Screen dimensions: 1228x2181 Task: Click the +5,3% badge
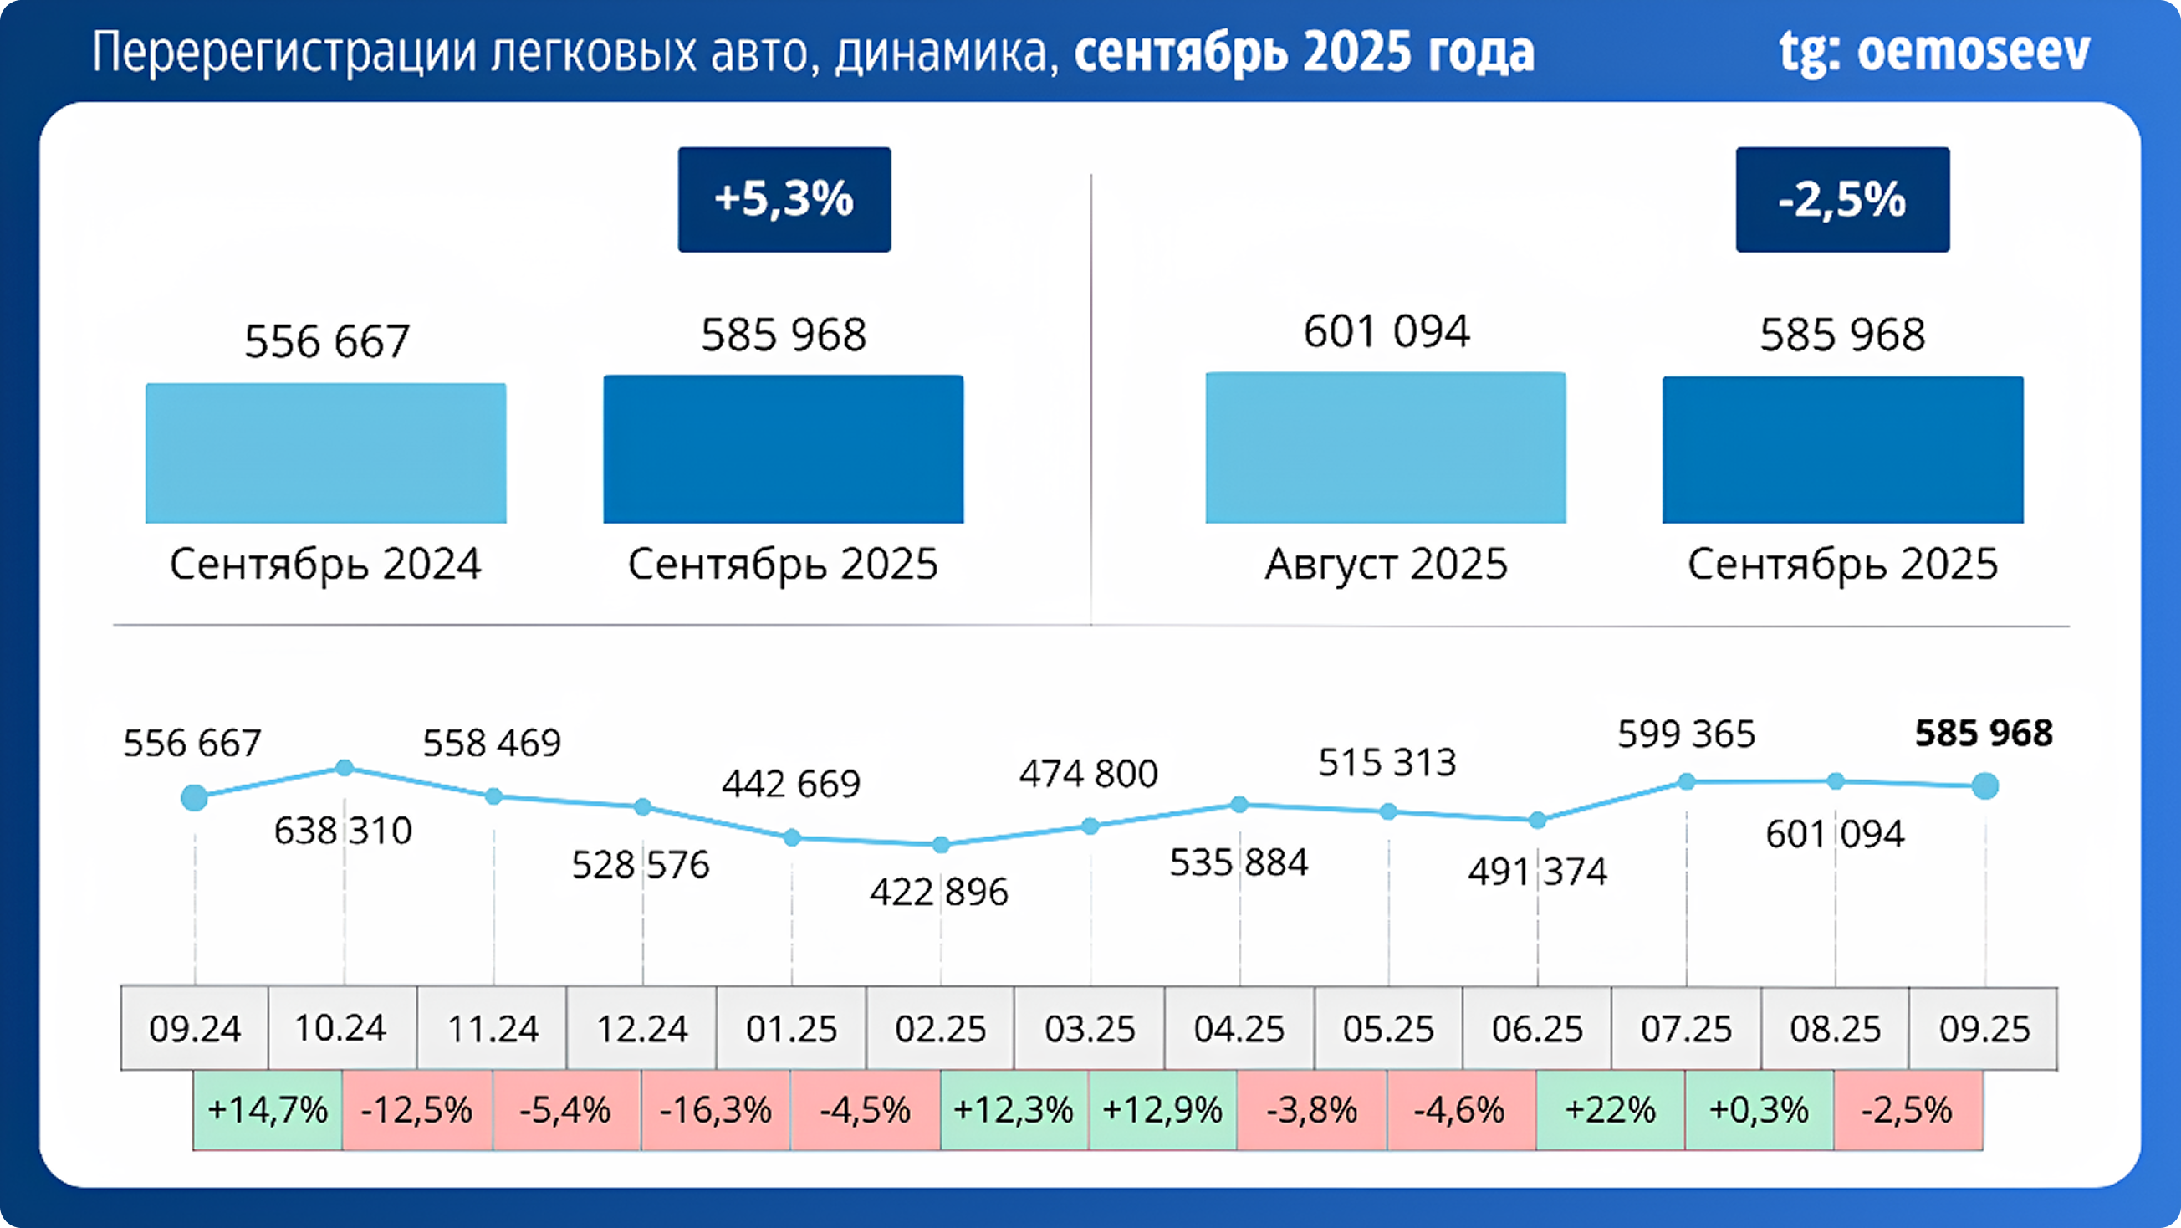[784, 200]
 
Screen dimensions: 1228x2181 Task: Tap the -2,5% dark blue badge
[1842, 200]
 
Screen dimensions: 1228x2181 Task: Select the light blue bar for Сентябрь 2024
[326, 453]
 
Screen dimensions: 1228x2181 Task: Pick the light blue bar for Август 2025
[1385, 448]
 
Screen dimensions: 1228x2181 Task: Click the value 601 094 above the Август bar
[1386, 331]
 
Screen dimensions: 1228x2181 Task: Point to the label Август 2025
[1386, 564]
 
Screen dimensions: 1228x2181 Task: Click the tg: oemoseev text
[1933, 53]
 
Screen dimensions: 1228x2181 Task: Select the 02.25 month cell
[940, 1029]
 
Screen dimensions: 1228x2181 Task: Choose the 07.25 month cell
[1686, 1029]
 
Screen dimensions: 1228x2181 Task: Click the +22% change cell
[1611, 1109]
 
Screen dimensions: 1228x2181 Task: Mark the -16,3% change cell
[715, 1109]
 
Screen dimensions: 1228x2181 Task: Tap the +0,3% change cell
[1760, 1109]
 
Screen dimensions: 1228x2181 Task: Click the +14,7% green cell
[268, 1109]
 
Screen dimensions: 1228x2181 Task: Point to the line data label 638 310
[343, 831]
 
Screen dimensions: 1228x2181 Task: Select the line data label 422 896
[939, 892]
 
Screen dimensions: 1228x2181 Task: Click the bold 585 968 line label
[1984, 734]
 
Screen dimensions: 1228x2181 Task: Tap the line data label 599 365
[1686, 734]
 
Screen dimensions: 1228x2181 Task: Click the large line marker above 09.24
[195, 797]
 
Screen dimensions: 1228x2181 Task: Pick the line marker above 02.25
[941, 844]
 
